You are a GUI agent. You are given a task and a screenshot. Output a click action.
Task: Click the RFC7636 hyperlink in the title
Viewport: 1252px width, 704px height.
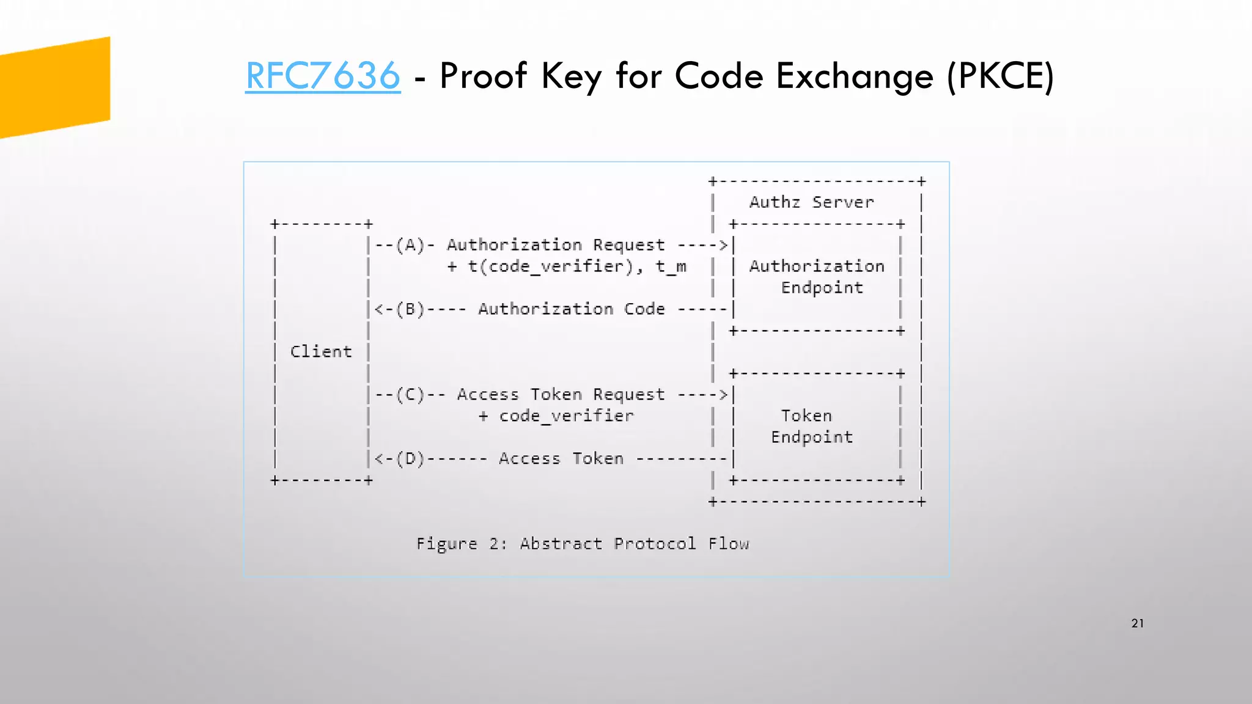click(323, 76)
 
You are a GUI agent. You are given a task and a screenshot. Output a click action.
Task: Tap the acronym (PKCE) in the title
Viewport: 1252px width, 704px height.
click(1000, 77)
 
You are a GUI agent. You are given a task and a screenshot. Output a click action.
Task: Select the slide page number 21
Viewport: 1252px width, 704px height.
click(1137, 623)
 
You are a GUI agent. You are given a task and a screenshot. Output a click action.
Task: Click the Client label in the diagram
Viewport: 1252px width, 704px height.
click(321, 352)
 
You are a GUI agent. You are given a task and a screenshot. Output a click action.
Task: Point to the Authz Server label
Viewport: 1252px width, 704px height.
click(811, 202)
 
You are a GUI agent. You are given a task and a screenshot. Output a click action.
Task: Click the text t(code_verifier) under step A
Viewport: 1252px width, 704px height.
click(551, 267)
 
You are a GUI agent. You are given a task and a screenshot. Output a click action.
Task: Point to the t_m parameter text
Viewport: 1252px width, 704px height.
click(671, 267)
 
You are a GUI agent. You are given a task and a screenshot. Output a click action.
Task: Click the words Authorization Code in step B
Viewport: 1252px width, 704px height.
click(571, 309)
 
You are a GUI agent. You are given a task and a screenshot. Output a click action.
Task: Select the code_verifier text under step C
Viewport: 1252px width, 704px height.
click(566, 416)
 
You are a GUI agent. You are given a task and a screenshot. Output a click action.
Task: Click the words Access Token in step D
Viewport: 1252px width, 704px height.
click(561, 459)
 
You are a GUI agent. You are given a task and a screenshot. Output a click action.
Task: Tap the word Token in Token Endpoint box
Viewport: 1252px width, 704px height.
click(806, 416)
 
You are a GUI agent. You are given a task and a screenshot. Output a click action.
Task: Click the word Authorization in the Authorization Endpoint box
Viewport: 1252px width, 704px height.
click(817, 266)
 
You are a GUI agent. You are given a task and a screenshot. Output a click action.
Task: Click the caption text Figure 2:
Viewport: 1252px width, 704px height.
click(462, 544)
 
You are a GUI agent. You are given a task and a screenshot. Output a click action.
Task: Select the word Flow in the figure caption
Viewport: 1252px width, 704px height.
click(729, 544)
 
